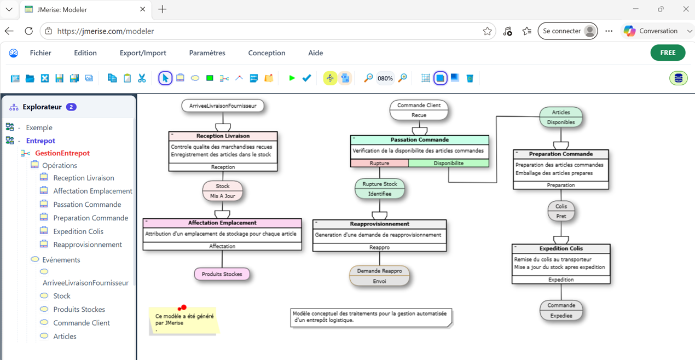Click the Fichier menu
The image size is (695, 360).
[x=40, y=53]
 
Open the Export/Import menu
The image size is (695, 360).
[x=143, y=53]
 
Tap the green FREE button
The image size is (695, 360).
[x=668, y=53]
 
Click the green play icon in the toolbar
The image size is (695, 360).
[x=292, y=78]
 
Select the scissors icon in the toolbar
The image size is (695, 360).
[x=142, y=78]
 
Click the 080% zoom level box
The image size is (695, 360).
[x=385, y=78]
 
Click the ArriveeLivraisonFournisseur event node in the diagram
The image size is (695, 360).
[x=223, y=106]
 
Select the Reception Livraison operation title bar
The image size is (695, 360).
[x=223, y=136]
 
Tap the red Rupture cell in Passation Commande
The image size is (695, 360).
[x=379, y=163]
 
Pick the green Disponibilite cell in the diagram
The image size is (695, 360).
[x=449, y=163]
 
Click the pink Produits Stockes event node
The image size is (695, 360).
[x=222, y=274]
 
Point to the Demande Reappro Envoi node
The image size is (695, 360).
[x=379, y=276]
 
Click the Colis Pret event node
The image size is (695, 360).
[x=561, y=211]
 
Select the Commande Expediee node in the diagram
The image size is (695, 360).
[x=561, y=310]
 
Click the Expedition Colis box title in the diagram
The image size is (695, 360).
[x=561, y=248]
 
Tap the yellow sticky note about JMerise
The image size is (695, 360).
[x=184, y=321]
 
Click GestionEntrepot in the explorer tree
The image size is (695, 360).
[x=62, y=153]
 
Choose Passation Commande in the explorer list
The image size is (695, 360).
[x=87, y=205]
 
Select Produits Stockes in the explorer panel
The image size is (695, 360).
[x=79, y=310]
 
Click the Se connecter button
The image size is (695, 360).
[x=567, y=31]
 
